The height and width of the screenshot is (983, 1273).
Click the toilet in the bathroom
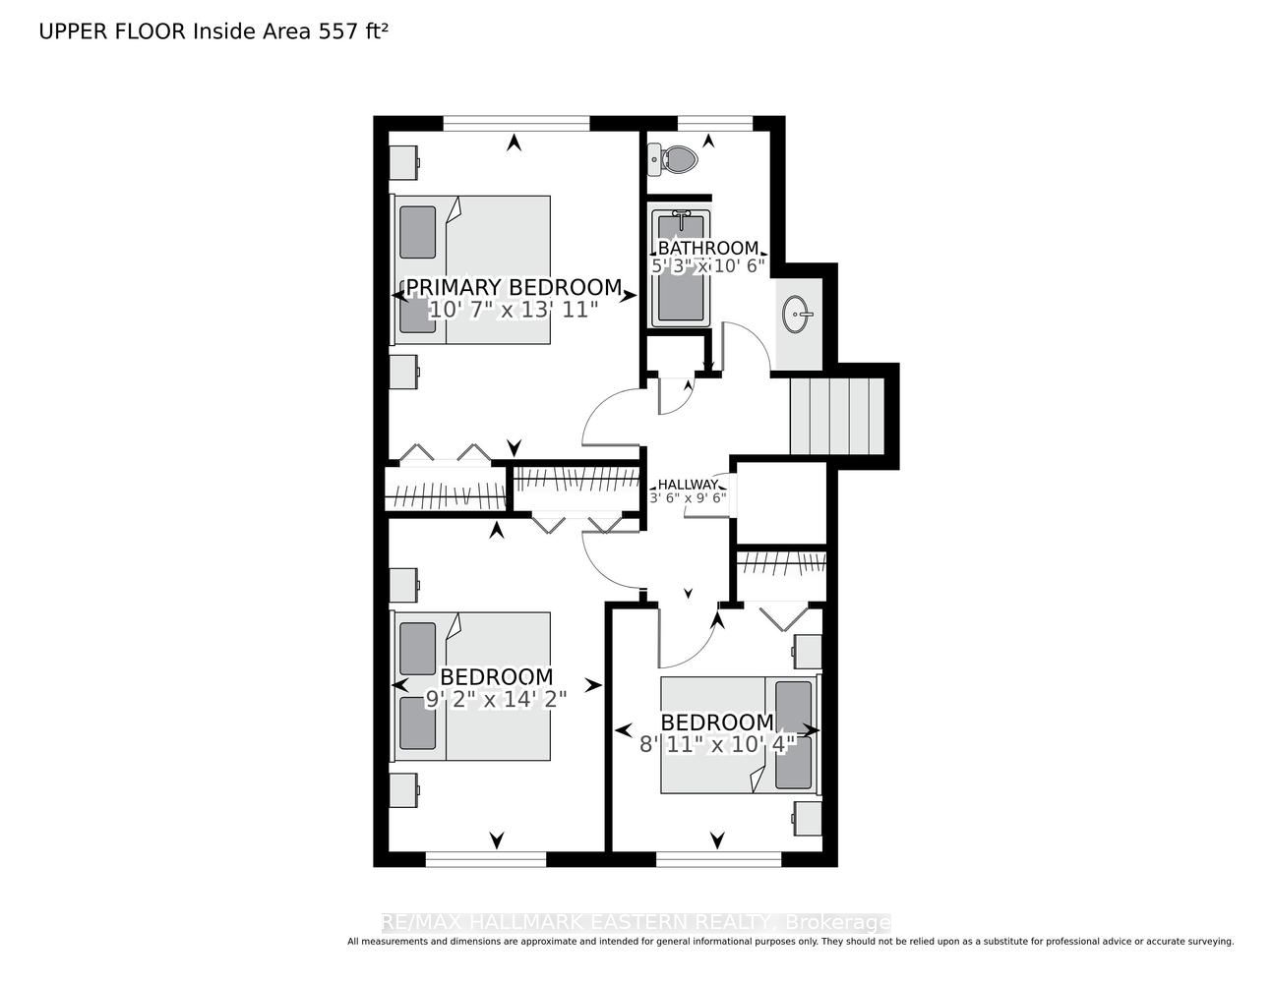(673, 158)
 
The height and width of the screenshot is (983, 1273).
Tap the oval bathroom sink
(796, 315)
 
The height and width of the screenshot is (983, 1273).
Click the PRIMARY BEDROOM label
(514, 287)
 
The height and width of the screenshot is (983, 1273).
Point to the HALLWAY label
(688, 485)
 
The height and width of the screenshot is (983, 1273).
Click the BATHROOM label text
(707, 248)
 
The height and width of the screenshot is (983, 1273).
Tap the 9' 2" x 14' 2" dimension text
(496, 699)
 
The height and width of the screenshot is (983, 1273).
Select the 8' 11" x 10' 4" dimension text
(717, 744)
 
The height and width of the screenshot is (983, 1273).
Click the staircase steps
(836, 416)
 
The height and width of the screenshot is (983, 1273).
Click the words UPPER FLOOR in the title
(112, 31)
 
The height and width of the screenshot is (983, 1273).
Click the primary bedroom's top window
(516, 123)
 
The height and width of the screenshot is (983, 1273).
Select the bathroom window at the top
(714, 123)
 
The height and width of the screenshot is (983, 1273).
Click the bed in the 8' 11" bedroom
(741, 735)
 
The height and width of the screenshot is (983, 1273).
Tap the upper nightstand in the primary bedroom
(404, 162)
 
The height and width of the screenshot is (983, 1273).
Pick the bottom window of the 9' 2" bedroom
(486, 859)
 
